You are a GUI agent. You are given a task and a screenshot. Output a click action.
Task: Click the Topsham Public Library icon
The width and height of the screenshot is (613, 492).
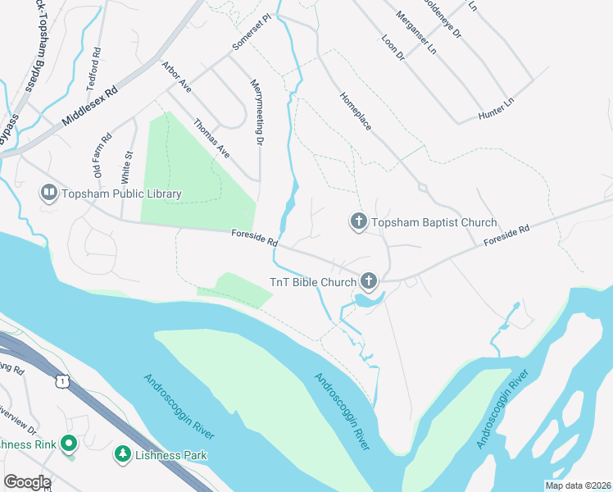tap(48, 194)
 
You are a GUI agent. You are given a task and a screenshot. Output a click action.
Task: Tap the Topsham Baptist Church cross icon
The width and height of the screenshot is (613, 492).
tap(357, 222)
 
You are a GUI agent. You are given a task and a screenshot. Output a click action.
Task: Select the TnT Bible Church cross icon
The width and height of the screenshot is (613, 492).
tap(369, 282)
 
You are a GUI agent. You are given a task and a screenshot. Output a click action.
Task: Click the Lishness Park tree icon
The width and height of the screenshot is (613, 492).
tap(122, 453)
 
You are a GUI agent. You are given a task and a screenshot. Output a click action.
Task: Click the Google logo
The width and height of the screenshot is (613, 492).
tap(26, 482)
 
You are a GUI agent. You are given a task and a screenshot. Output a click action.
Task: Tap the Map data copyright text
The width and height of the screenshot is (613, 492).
tap(578, 485)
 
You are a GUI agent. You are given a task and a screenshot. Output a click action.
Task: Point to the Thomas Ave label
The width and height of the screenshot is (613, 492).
tap(211, 139)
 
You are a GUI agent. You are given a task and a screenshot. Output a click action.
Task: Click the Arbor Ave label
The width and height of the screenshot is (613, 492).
tap(176, 76)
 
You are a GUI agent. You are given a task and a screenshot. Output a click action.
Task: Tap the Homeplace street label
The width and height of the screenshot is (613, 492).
tap(356, 111)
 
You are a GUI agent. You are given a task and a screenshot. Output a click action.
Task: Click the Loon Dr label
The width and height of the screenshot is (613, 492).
tap(393, 48)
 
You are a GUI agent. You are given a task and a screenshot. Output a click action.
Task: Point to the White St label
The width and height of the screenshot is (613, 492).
tap(127, 166)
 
